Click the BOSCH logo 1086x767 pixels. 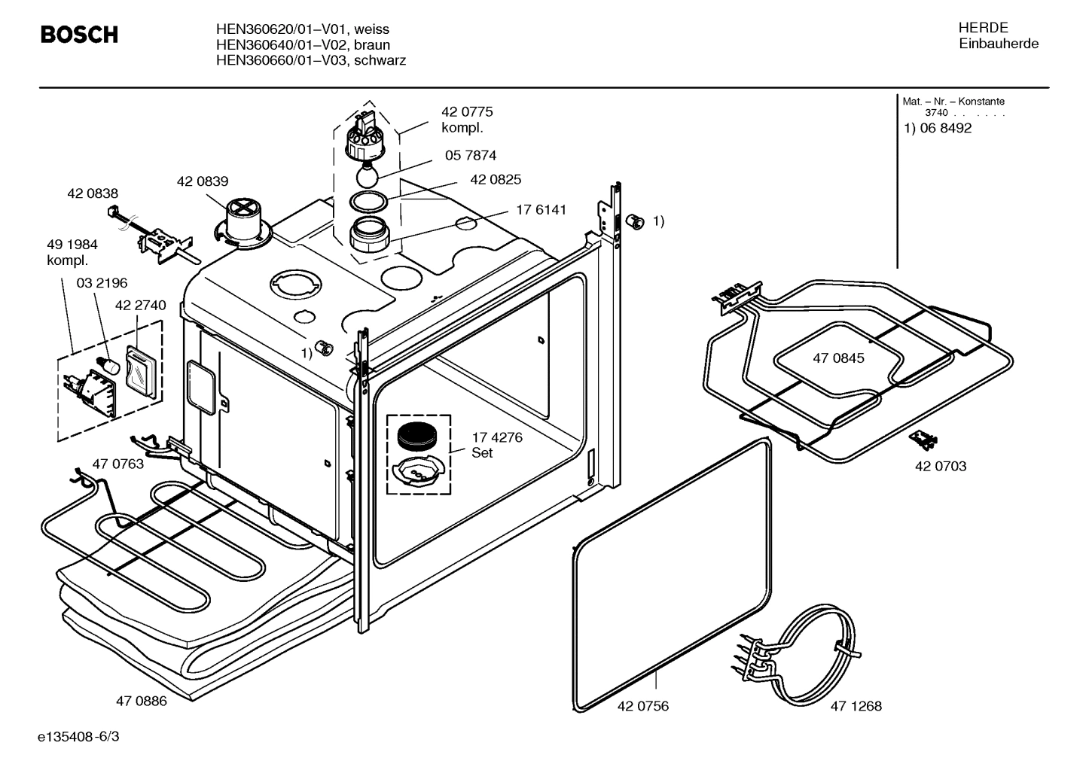(78, 35)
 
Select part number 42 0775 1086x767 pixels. (467, 112)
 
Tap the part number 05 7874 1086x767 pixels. (471, 156)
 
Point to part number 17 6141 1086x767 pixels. (541, 210)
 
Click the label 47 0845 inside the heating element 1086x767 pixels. (838, 358)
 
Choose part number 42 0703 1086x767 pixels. (940, 467)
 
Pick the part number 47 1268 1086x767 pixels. (856, 706)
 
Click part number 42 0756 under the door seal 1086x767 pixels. (642, 706)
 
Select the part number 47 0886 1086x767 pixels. (141, 702)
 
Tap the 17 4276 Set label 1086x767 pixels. (496, 445)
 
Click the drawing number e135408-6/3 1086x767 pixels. (78, 736)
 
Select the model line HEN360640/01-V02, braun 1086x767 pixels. (303, 45)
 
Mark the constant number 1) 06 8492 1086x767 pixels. (938, 128)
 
